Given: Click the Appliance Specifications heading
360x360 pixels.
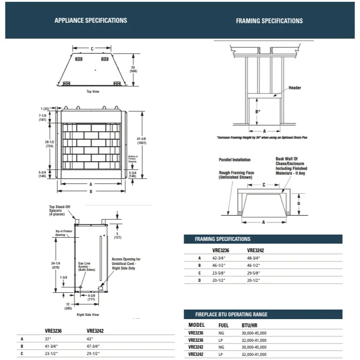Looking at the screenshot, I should tap(90, 20).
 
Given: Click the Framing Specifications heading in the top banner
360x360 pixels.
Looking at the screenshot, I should tap(269, 21).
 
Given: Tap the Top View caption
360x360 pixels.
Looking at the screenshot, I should tap(93, 91).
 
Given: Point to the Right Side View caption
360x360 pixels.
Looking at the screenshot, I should tap(88, 315).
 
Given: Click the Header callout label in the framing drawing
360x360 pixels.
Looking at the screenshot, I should tap(295, 88).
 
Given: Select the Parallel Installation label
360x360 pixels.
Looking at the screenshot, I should tap(234, 160).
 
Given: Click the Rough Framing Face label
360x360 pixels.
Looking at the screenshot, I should tap(236, 175).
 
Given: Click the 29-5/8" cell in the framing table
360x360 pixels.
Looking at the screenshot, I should tap(255, 273).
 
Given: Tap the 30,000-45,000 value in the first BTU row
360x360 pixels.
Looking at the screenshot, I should tap(254, 333).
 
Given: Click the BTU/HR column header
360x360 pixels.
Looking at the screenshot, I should tap(250, 325).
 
